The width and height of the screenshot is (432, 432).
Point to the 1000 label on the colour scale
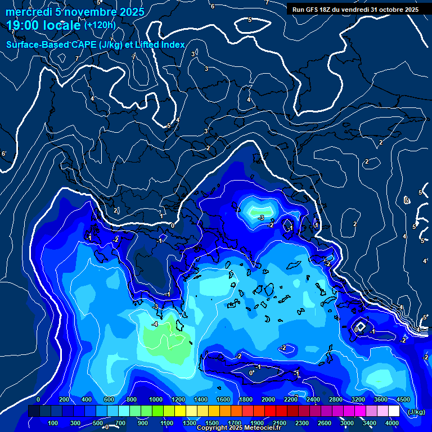click(x=155, y=399)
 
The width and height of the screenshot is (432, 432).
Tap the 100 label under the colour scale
click(x=54, y=423)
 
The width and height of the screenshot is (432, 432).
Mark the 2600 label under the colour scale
click(x=325, y=423)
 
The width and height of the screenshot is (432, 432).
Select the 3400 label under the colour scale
click(x=370, y=423)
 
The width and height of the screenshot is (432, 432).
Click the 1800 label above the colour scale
click(x=246, y=399)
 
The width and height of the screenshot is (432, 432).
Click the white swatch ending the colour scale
click(x=394, y=411)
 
